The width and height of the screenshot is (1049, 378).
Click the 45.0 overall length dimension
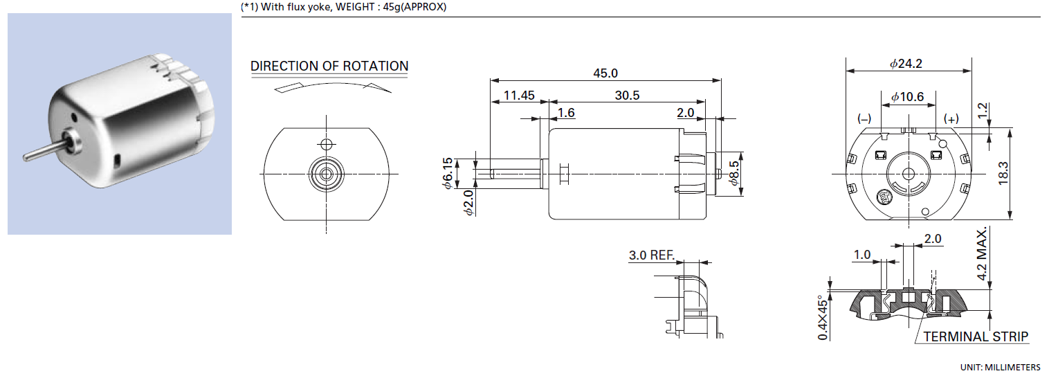(x=605, y=73)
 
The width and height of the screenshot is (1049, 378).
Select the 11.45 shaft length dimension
(x=518, y=96)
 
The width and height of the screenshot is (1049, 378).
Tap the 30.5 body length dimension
(x=627, y=96)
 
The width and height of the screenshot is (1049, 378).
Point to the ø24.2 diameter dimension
(x=906, y=64)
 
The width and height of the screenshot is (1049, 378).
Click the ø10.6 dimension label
(x=907, y=97)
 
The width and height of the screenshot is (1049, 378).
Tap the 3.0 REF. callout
(x=651, y=255)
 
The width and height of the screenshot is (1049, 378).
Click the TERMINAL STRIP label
(x=976, y=337)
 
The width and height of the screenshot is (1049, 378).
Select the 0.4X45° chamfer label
(x=823, y=309)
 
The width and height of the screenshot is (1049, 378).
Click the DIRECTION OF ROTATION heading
(x=329, y=66)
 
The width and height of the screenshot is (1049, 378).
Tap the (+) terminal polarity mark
(x=952, y=119)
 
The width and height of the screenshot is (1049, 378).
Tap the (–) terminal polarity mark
(x=864, y=119)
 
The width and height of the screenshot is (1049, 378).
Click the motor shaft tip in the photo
(x=28, y=156)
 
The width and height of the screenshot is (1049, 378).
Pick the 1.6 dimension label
(x=566, y=113)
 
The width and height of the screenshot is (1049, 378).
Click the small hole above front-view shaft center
(x=327, y=144)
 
